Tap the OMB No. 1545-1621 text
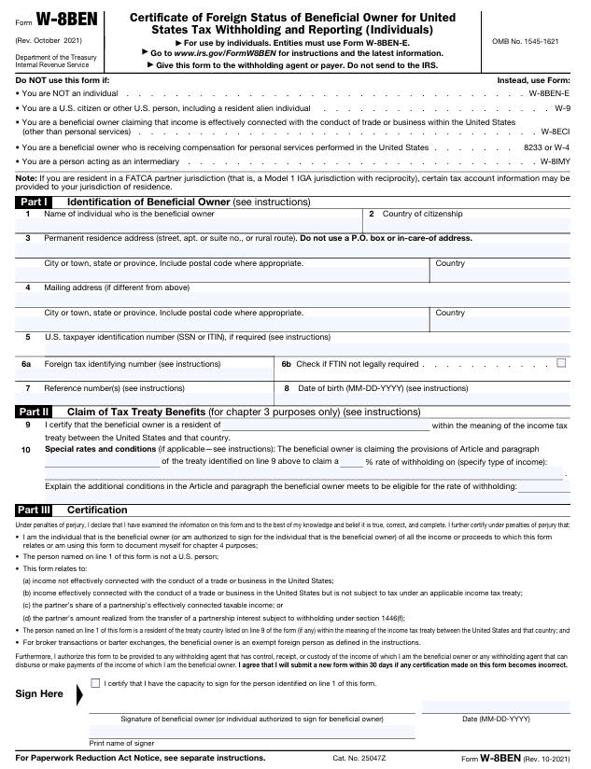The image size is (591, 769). [525, 42]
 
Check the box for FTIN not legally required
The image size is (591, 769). [561, 363]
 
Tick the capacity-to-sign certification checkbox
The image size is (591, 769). [95, 684]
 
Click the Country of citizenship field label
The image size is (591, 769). [422, 215]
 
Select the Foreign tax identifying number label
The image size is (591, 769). [133, 364]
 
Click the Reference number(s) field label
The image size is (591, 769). [115, 387]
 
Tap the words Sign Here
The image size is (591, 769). [39, 693]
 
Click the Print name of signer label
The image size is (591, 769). [122, 743]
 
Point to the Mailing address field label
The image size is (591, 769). [117, 287]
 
